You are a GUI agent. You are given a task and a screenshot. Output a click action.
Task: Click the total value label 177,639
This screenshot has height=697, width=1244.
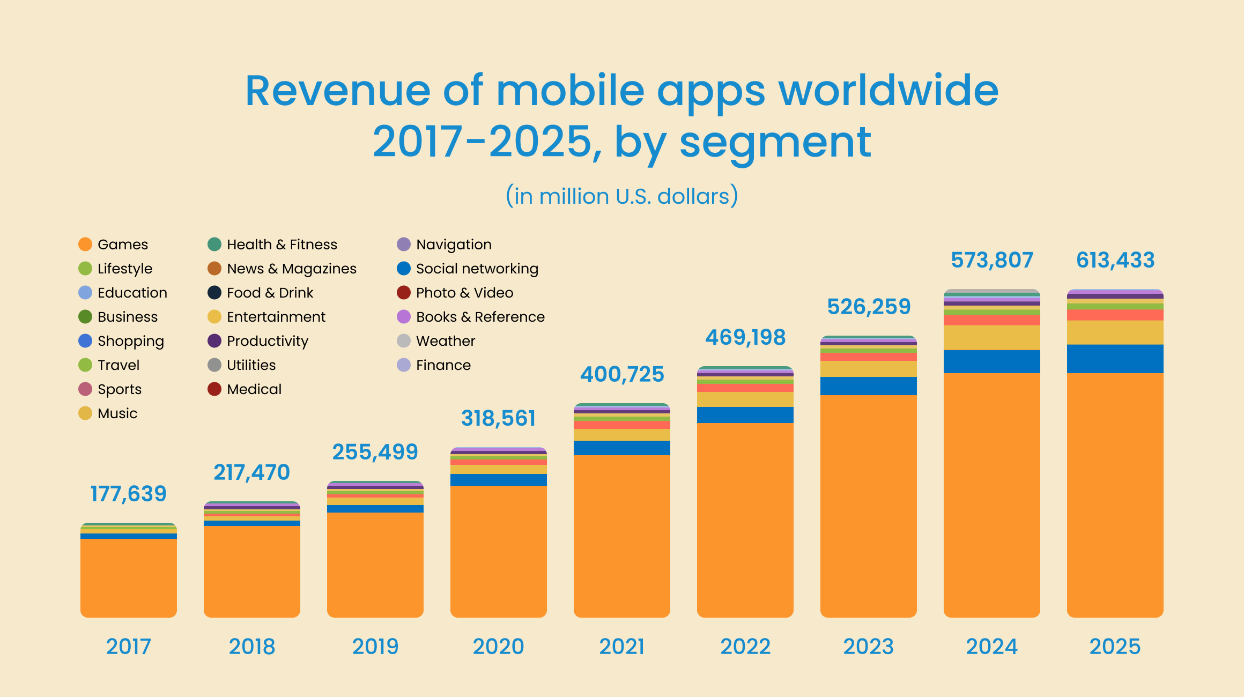128,494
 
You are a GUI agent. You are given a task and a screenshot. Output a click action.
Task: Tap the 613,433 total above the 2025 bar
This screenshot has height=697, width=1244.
1115,260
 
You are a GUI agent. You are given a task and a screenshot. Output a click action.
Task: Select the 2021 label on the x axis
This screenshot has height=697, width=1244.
622,647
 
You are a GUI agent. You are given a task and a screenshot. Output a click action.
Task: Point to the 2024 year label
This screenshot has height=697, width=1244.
992,647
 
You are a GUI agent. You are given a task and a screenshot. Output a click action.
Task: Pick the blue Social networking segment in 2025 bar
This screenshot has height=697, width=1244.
1115,359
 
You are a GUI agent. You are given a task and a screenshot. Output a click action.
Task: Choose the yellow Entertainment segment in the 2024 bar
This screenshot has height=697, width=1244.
992,338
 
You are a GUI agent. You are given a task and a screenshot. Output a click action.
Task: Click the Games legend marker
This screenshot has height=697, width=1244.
85,244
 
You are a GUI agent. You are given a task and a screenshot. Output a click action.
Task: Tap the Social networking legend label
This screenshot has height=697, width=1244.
477,269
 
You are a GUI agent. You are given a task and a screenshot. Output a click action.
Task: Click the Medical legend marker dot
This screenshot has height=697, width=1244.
214,389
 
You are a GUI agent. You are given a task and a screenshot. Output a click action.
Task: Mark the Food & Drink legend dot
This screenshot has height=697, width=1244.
214,293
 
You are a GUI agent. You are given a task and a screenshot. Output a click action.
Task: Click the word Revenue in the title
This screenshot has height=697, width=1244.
338,91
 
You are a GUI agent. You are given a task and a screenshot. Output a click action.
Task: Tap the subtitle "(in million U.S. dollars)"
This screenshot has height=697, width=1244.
622,196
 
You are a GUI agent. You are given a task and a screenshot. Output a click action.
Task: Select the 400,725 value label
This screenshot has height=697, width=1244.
622,374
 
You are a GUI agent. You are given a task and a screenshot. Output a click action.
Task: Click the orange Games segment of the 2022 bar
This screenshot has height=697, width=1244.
745,520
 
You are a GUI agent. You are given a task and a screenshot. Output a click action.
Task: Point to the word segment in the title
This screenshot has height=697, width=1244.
775,143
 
